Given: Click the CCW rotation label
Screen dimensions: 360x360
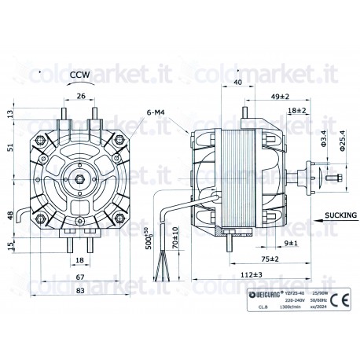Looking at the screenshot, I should coord(80,76).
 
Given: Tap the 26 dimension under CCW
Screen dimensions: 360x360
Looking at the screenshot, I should coord(81,97).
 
